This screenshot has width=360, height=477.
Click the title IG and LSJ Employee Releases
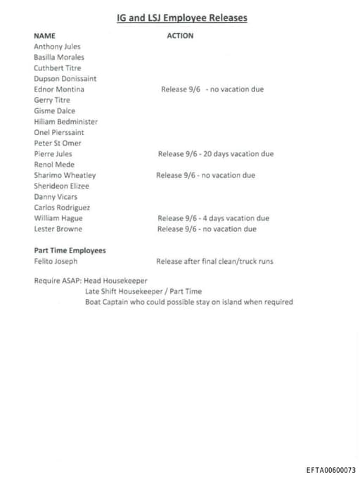(181, 18)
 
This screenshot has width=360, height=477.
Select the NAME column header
(44, 35)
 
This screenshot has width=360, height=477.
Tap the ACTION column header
(180, 35)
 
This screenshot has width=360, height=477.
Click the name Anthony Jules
(57, 46)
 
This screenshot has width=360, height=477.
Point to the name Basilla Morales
(59, 57)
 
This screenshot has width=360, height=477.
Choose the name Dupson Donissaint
(65, 79)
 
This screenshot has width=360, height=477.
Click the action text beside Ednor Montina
(212, 89)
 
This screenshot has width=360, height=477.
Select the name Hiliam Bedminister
(65, 122)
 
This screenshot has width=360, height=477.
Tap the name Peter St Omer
(58, 143)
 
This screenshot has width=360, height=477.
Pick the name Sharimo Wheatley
(65, 175)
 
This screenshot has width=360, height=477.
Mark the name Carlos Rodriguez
(62, 208)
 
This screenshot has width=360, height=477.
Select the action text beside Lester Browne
(207, 229)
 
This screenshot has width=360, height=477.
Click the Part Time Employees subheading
(70, 250)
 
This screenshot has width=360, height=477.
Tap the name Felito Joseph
(56, 261)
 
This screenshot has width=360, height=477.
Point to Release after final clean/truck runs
(214, 261)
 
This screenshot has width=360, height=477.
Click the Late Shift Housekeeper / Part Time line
(143, 291)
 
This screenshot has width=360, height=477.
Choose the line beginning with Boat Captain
(188, 302)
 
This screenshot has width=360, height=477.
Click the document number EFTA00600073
(330, 469)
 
